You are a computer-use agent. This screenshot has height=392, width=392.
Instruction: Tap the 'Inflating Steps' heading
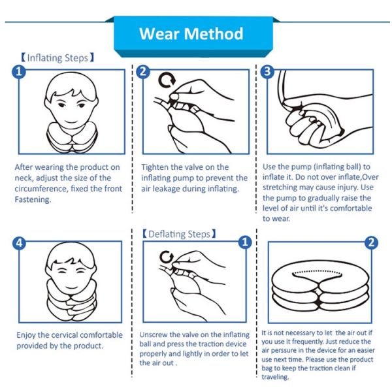tap(57, 57)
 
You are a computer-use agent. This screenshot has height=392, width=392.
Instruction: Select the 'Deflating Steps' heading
tap(179, 234)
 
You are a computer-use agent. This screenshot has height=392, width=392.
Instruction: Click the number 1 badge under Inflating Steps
tap(19, 72)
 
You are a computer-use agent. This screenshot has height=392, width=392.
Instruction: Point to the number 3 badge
tap(267, 71)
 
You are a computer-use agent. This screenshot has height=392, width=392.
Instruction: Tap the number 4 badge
tap(19, 242)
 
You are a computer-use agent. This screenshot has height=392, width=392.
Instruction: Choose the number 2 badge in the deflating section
tap(372, 242)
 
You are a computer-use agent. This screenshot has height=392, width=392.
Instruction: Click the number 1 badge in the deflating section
tap(245, 242)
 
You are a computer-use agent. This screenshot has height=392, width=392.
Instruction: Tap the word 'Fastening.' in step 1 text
tap(33, 199)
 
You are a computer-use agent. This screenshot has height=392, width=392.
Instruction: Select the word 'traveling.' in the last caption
tap(275, 377)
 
